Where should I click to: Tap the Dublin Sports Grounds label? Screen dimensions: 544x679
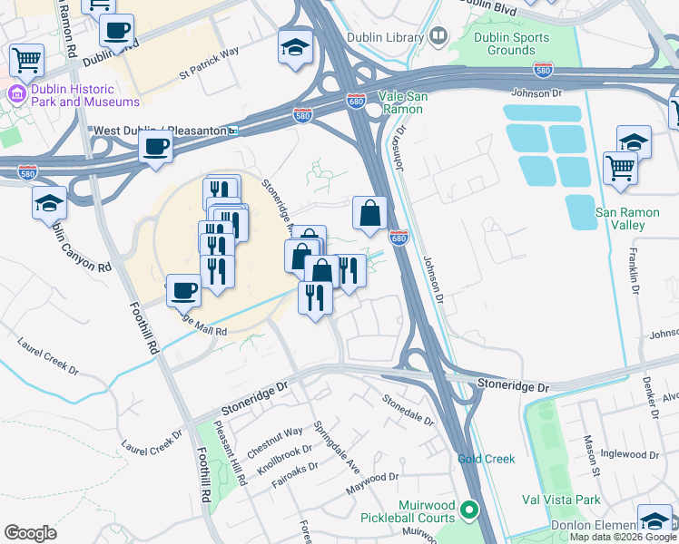[x=512, y=44]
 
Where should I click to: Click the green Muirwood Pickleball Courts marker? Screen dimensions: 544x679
[x=469, y=511]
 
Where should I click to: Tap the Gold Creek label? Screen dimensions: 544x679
[x=486, y=459]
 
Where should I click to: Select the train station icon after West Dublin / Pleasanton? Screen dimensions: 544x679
[x=233, y=131]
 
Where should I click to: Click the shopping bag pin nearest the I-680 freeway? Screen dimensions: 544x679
[x=369, y=214]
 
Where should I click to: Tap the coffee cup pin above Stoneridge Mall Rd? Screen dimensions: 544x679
[x=184, y=289]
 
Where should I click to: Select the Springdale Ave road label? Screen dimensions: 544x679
[x=337, y=450]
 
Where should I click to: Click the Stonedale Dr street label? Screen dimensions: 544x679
[x=408, y=412]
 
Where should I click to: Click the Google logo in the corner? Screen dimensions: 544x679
[x=31, y=532]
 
